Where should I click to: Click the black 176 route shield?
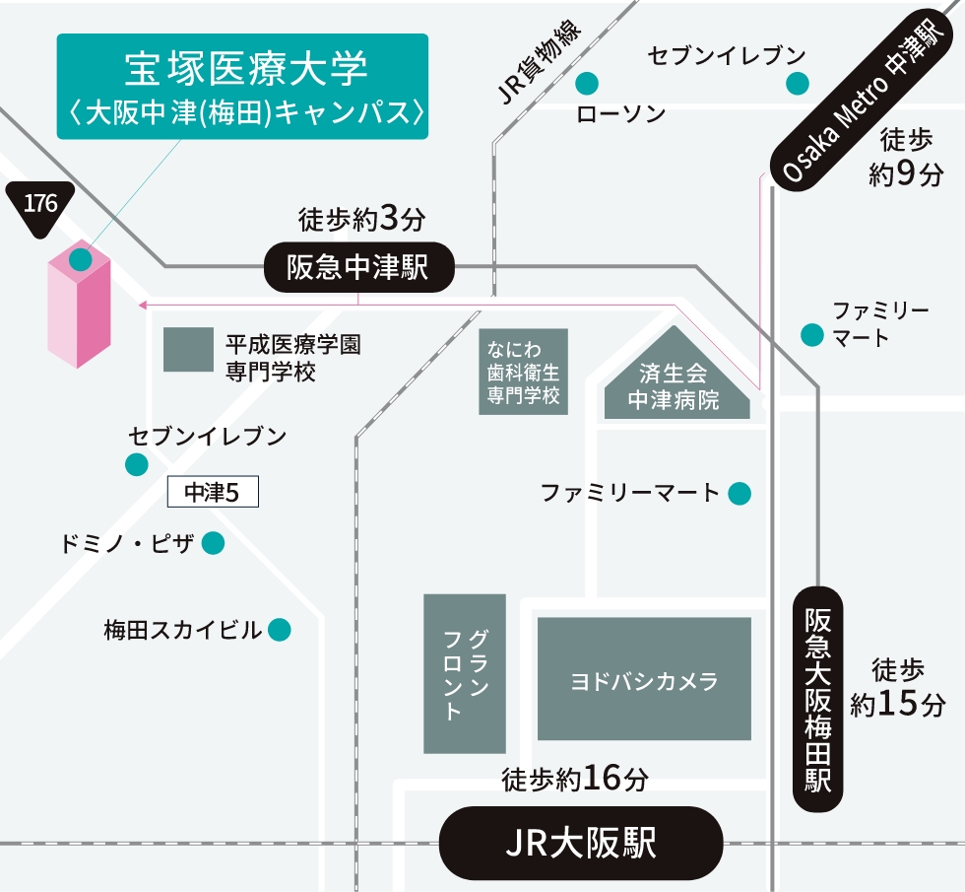[40, 207]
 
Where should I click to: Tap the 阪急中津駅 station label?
[359, 267]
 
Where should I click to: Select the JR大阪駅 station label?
[580, 843]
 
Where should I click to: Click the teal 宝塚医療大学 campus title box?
[242, 87]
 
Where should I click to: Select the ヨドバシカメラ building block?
[644, 679]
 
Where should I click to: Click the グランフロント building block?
[465, 673]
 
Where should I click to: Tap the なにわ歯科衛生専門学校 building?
[524, 372]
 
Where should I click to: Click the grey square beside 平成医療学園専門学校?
[188, 350]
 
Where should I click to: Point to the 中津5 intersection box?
[213, 493]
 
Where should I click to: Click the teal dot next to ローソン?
[588, 82]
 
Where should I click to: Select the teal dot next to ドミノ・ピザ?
[213, 543]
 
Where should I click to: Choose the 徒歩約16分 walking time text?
[575, 779]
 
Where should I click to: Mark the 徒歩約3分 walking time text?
[361, 219]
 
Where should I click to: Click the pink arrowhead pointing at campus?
[143, 305]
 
